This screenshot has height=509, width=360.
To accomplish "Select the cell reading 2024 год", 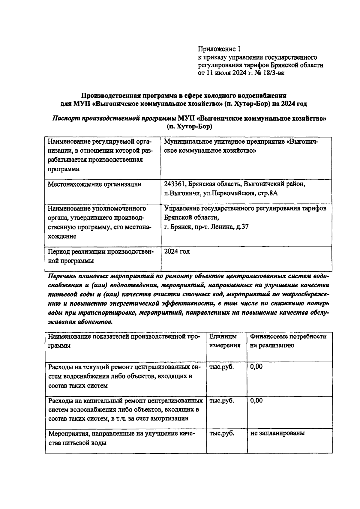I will [177, 251].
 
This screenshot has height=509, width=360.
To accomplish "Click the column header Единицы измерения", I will [225, 341].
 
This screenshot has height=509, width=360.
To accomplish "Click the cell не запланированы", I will [277, 433].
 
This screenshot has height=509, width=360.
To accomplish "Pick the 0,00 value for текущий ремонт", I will [256, 366].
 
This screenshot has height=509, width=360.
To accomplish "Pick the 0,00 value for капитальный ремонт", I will [256, 400].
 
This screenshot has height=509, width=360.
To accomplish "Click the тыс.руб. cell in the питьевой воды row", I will [222, 433].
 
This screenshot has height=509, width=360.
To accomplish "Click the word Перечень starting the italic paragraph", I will [61, 276].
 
